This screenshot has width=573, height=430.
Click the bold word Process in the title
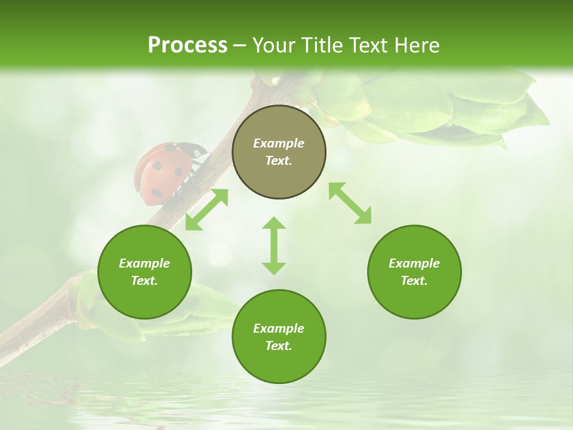point(187,45)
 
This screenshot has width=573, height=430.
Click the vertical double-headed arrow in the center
point(274,245)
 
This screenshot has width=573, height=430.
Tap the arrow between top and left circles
point(207,210)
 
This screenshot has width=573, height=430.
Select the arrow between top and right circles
point(350,203)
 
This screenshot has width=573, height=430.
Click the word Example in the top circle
point(279,143)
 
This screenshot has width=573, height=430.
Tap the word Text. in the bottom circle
point(279,346)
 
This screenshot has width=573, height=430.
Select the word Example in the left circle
point(144,263)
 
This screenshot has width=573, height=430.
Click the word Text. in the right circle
point(414,281)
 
